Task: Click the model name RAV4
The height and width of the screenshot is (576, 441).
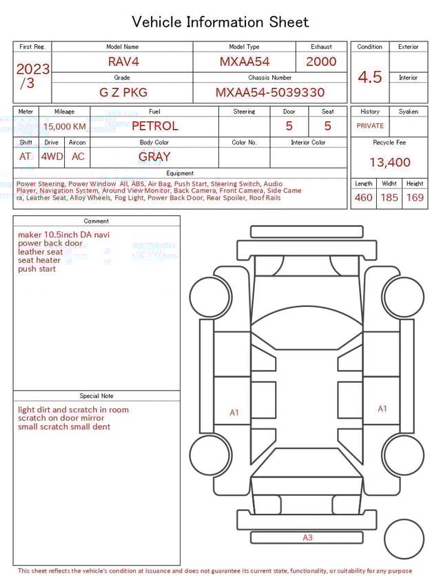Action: click(x=123, y=61)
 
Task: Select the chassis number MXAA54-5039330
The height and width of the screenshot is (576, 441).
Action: click(x=270, y=92)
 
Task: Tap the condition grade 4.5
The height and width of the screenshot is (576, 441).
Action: click(x=370, y=77)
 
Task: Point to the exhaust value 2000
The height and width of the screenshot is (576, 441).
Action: click(x=321, y=61)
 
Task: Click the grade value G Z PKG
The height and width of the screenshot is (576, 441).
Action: click(x=123, y=92)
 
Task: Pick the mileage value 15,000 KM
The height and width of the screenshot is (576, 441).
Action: click(x=65, y=126)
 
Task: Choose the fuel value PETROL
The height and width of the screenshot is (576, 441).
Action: click(x=154, y=126)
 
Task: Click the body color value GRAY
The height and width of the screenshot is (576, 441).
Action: click(x=154, y=157)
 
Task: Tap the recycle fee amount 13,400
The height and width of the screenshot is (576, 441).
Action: click(x=389, y=162)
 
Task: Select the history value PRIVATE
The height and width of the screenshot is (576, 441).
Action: click(x=370, y=126)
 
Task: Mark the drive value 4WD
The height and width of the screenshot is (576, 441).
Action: click(x=52, y=157)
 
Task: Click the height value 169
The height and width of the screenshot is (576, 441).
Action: click(x=415, y=198)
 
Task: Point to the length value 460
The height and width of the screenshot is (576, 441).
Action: click(x=363, y=198)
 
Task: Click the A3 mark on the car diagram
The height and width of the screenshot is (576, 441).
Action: click(x=307, y=537)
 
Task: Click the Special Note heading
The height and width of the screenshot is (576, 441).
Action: click(x=96, y=396)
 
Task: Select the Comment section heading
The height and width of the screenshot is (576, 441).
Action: click(x=96, y=221)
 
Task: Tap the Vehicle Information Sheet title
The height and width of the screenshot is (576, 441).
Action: click(x=220, y=22)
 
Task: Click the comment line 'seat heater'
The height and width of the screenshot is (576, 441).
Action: click(x=39, y=260)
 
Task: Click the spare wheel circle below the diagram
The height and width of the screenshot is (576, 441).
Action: click(x=404, y=539)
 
